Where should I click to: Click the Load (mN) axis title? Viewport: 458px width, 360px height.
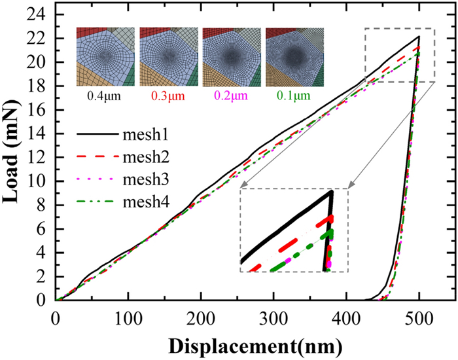point(14,157)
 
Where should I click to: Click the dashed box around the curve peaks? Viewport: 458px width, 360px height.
point(399,55)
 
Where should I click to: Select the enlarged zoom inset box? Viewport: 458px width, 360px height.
point(294,230)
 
